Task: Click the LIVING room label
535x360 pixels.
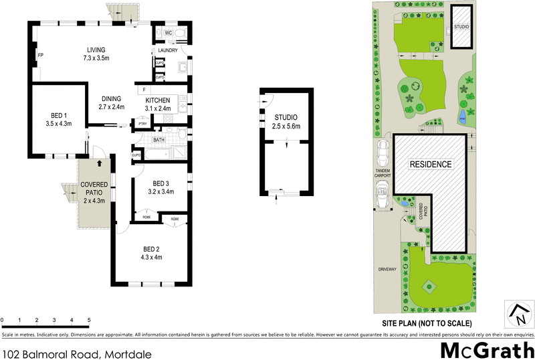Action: click(96, 49)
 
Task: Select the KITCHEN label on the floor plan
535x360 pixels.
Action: click(158, 100)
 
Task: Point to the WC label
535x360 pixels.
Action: click(169, 32)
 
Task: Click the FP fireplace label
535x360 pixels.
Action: click(40, 55)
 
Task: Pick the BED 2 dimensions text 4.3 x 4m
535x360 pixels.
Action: click(151, 257)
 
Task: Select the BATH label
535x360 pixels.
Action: click(159, 140)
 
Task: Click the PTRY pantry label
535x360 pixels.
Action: click(142, 124)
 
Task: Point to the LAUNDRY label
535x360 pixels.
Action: click(167, 51)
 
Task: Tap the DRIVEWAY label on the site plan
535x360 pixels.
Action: click(387, 269)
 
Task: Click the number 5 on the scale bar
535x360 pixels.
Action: click(89, 321)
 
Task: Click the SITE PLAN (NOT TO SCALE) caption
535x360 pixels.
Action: click(431, 323)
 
